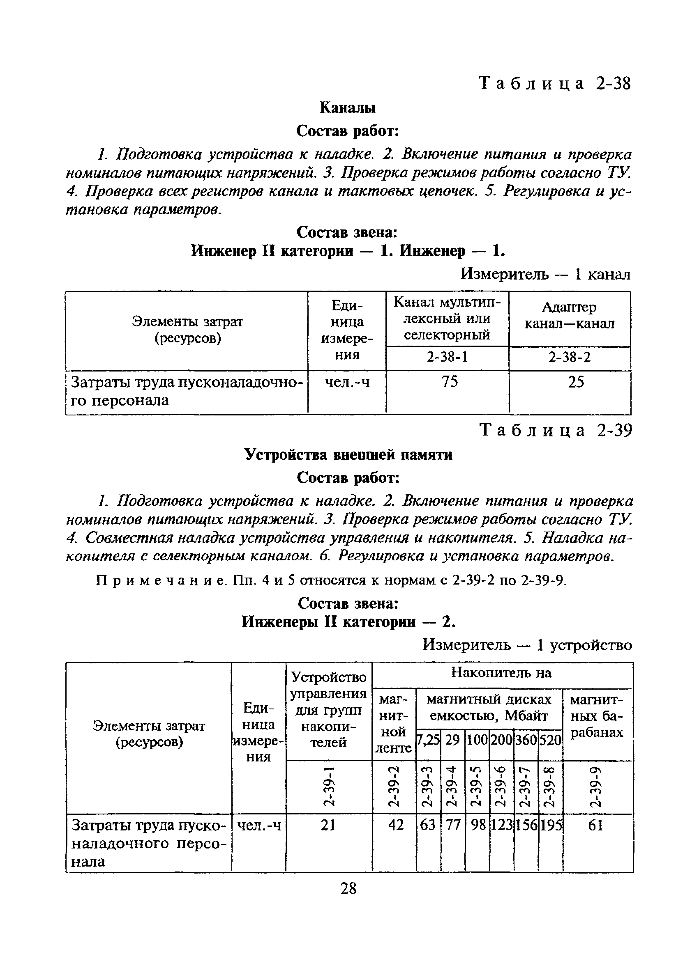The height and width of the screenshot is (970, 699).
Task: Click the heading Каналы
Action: point(347,108)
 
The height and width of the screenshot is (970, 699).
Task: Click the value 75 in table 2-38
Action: point(450,381)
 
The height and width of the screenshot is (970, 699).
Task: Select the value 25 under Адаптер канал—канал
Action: point(576,381)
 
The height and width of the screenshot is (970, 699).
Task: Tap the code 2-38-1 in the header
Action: point(448,356)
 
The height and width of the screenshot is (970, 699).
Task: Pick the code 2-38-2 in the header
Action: point(569,357)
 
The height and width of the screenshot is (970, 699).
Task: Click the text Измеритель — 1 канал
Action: point(545,274)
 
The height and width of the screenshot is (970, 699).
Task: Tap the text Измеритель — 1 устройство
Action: point(527,644)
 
